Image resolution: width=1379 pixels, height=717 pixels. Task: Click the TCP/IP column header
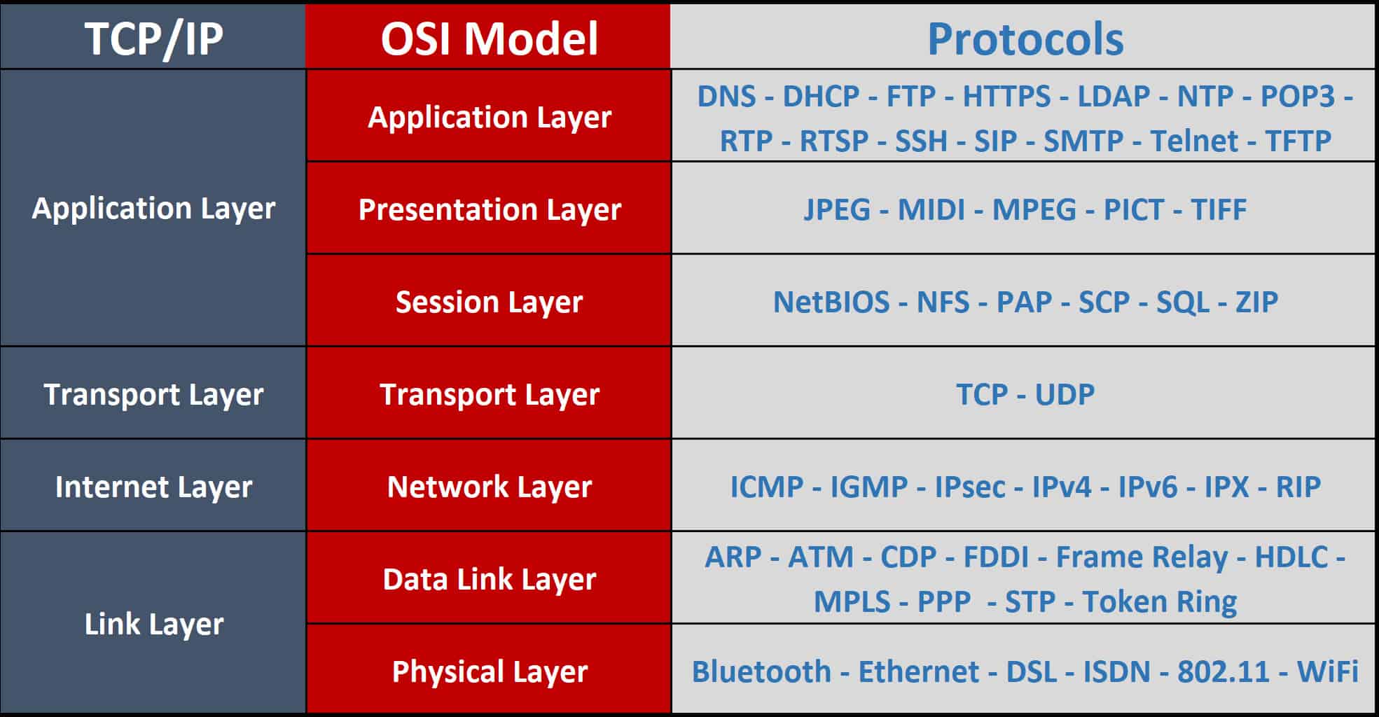(153, 39)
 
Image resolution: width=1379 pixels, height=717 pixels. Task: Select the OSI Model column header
(489, 39)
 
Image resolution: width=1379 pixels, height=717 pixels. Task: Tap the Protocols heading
(1025, 39)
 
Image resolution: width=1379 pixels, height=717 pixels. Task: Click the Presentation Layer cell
(489, 209)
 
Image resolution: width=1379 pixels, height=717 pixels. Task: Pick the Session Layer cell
(489, 302)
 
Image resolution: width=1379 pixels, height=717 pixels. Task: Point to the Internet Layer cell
(153, 487)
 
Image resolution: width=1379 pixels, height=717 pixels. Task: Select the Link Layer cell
(153, 624)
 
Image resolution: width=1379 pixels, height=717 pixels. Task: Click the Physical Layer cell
(489, 671)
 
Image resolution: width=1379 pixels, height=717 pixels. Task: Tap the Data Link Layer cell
(489, 579)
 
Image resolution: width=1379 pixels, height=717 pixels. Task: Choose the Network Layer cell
(489, 487)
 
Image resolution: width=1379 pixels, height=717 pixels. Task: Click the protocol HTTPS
(1006, 97)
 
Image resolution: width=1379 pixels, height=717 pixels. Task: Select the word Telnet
(1193, 141)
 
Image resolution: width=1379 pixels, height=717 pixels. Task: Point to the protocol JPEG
(836, 209)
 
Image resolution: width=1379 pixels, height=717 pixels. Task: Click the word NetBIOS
(831, 302)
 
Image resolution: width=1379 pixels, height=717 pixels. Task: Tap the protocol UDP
(1065, 394)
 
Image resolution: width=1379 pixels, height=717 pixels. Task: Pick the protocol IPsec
(969, 487)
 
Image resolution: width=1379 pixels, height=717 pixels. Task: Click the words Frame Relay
(1141, 557)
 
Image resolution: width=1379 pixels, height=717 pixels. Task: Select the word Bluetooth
(761, 671)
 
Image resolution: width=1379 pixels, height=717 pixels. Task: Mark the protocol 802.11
(1223, 671)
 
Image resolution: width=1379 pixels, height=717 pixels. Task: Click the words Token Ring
(1159, 601)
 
